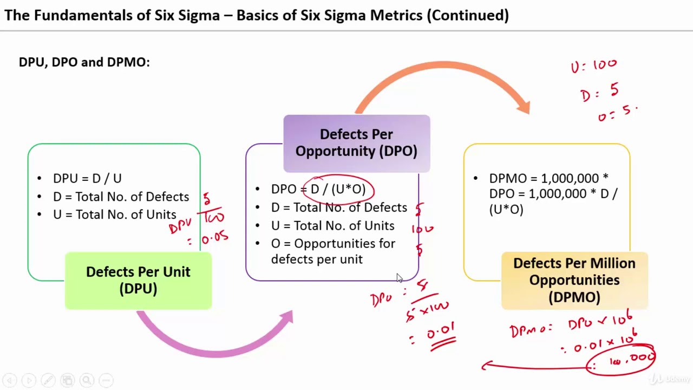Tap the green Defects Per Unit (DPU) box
138,281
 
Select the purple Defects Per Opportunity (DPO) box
356,143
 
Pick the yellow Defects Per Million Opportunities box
574,280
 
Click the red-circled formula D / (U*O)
338,189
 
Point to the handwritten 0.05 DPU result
215,238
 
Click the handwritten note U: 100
593,66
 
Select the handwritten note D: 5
599,92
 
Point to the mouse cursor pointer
399,277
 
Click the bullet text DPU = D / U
87,178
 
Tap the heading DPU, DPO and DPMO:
84,62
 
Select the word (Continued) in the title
468,15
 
